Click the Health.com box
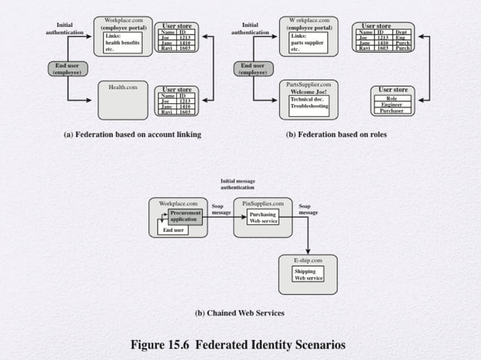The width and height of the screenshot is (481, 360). (x=122, y=102)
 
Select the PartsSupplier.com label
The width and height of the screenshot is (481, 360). (x=308, y=85)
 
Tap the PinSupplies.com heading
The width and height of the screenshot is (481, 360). (x=262, y=203)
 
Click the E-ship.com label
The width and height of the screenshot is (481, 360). (x=308, y=260)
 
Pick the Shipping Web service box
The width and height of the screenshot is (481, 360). (x=308, y=274)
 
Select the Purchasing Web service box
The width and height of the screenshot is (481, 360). (x=263, y=218)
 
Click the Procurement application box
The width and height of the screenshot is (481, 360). (x=185, y=216)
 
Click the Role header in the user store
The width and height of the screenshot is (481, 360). (x=391, y=98)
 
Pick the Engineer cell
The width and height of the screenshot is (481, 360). (x=391, y=105)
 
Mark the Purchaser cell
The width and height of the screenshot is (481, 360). (x=391, y=111)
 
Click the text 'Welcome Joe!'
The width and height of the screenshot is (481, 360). (x=308, y=92)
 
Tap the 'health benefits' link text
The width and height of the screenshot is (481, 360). (x=123, y=42)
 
